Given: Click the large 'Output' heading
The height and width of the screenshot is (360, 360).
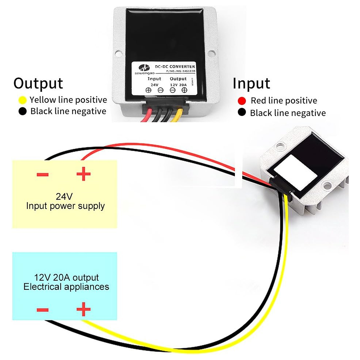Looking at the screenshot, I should [38, 84].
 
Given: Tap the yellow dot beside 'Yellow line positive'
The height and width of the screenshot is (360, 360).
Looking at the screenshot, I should [22, 100].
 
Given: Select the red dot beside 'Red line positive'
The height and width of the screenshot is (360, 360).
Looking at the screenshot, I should [242, 101].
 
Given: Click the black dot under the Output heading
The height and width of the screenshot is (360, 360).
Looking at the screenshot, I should [22, 111].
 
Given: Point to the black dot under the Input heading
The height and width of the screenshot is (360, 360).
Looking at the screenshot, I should [242, 112].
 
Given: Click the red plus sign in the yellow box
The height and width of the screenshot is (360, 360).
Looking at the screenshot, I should [83, 174].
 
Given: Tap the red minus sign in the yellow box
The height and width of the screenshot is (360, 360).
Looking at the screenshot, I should [43, 174].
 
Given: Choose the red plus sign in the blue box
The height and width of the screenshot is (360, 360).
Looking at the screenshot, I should [83, 309].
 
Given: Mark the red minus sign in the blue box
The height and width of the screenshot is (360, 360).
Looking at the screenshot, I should [43, 310].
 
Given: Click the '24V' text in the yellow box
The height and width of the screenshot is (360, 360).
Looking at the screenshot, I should [64, 196].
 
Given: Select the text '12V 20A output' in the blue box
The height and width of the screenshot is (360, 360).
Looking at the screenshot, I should [66, 278].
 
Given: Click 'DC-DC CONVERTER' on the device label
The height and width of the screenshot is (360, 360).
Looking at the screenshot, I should [175, 67].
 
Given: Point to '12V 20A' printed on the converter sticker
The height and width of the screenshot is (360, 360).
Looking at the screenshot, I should [178, 85].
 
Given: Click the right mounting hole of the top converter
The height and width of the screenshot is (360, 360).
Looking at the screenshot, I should [212, 53].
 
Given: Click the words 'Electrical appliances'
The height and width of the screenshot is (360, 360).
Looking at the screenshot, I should [66, 287].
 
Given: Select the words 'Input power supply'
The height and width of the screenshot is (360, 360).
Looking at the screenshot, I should [65, 206].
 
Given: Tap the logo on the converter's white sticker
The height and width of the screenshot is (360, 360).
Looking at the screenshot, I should [144, 68].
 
